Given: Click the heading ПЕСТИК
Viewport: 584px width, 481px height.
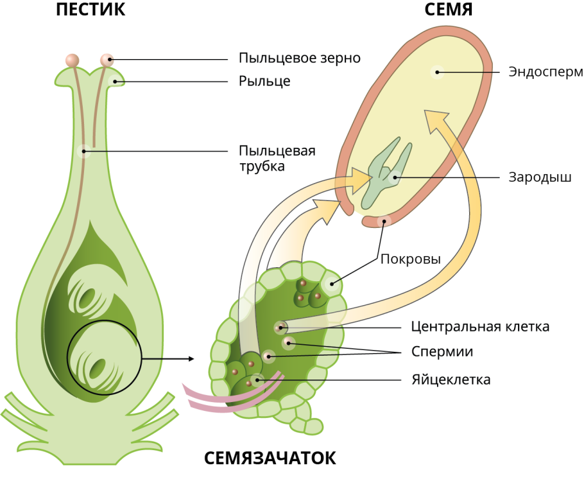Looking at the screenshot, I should (x=90, y=10).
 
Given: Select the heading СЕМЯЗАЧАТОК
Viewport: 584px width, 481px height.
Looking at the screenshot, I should (x=270, y=459).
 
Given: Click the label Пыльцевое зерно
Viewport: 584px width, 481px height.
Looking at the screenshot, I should (x=299, y=58).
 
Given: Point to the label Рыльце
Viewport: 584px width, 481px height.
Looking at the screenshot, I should (x=264, y=82).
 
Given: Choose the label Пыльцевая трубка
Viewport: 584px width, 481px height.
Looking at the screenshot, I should (x=277, y=159).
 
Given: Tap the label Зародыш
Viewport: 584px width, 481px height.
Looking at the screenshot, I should (x=540, y=177).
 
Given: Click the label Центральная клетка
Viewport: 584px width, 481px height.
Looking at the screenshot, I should (x=480, y=326).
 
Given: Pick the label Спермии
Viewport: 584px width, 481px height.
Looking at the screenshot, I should (x=442, y=352).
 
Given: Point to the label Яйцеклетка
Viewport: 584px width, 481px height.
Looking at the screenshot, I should (x=451, y=380).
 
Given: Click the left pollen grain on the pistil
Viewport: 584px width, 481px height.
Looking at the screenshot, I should (x=73, y=60).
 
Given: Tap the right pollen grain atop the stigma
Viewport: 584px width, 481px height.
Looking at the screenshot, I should (x=107, y=60).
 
